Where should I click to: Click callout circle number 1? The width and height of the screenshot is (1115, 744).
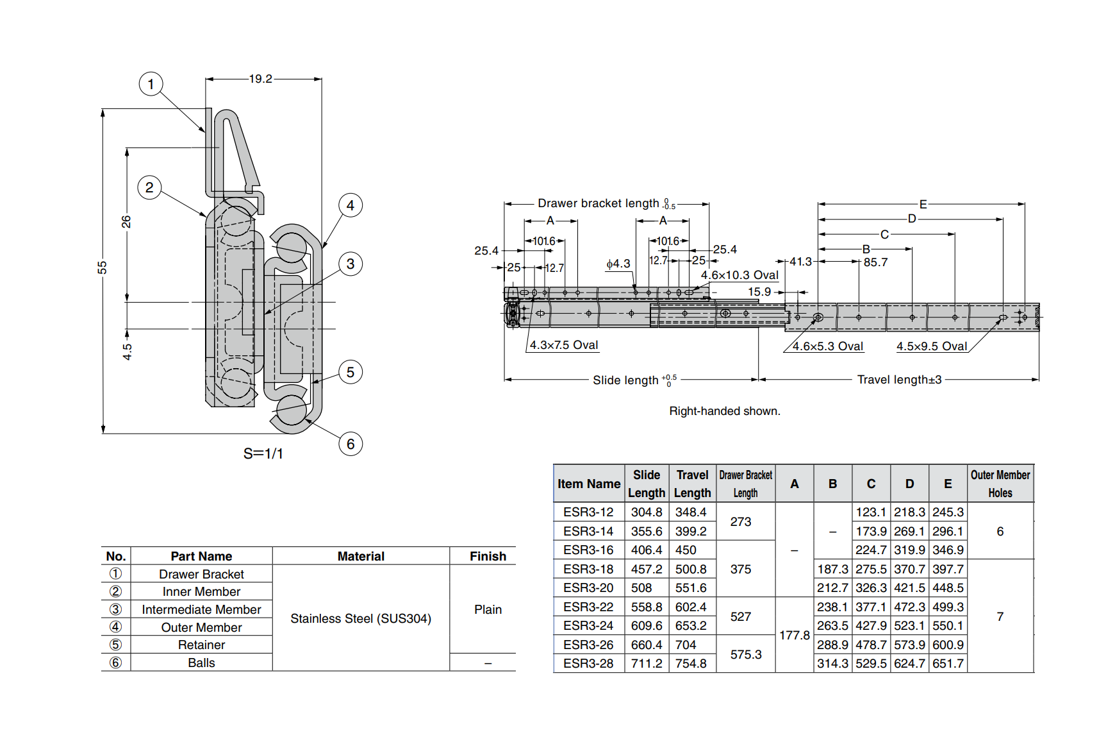pyautogui.click(x=151, y=84)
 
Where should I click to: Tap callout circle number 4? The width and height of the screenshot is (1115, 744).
pyautogui.click(x=350, y=205)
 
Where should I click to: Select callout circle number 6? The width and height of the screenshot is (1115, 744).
pyautogui.click(x=350, y=444)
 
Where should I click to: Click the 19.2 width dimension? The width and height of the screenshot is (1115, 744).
pyautogui.click(x=260, y=79)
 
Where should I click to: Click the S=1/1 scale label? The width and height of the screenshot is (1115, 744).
pyautogui.click(x=263, y=453)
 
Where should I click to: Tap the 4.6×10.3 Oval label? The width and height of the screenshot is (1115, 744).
pyautogui.click(x=739, y=275)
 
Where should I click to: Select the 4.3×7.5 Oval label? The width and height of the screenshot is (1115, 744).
pyautogui.click(x=564, y=345)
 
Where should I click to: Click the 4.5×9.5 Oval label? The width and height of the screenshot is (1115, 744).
pyautogui.click(x=931, y=346)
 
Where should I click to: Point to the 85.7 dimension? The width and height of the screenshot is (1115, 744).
pyautogui.click(x=875, y=262)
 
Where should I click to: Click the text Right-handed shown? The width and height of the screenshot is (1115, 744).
pyautogui.click(x=724, y=411)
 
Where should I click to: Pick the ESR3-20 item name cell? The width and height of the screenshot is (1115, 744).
pyautogui.click(x=588, y=588)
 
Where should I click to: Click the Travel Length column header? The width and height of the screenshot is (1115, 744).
pyautogui.click(x=692, y=484)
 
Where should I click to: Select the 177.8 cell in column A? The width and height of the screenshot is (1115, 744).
pyautogui.click(x=794, y=635)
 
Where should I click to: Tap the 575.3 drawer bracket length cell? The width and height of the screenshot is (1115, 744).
pyautogui.click(x=745, y=654)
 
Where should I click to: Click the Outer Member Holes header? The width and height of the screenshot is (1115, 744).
pyautogui.click(x=1000, y=484)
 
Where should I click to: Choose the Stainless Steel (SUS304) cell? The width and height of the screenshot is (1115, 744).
pyautogui.click(x=361, y=618)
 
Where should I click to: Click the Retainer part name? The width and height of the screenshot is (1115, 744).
pyautogui.click(x=201, y=645)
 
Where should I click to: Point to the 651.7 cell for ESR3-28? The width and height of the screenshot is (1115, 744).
pyautogui.click(x=948, y=664)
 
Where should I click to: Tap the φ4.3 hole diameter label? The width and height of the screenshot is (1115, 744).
pyautogui.click(x=618, y=264)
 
